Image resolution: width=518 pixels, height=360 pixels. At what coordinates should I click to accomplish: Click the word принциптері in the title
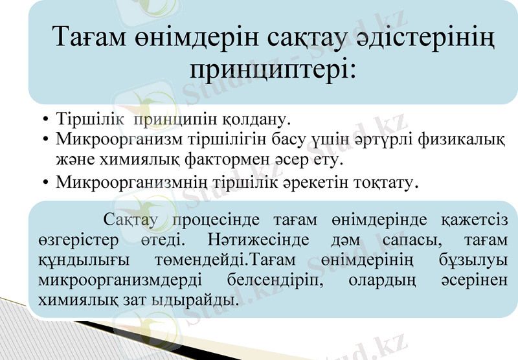pos(272,68)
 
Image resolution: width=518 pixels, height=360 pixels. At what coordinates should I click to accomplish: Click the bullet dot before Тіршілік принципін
pos(45,121)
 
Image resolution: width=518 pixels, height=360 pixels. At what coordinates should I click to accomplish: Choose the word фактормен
pos(253,157)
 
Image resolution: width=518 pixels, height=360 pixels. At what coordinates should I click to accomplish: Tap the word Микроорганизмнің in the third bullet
pos(122,183)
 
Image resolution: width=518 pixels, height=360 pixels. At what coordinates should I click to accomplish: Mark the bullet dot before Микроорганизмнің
pos(45,183)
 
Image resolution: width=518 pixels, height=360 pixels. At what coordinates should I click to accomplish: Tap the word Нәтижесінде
pos(256,241)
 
